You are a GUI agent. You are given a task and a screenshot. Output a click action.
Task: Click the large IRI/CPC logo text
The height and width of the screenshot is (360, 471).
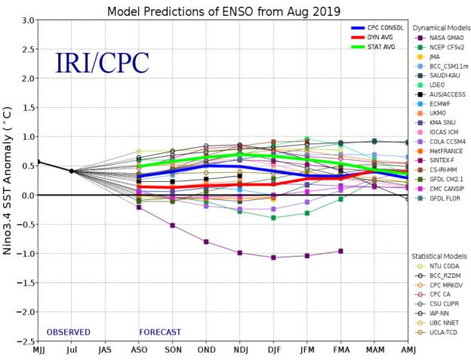coord(102,62)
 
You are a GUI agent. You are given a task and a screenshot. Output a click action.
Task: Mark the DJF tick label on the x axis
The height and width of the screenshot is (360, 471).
coord(273,350)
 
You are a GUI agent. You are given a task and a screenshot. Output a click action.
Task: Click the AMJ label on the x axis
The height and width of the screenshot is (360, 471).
coord(408,350)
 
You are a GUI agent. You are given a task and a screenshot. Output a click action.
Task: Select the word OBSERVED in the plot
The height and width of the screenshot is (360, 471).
coord(68,332)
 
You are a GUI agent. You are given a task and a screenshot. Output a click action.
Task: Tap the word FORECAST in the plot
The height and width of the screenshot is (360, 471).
coord(160,332)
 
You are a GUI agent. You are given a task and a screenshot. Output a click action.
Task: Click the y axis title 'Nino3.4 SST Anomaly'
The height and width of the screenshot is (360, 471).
coord(8,180)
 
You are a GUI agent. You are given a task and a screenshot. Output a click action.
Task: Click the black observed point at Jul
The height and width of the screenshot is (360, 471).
coord(72,171)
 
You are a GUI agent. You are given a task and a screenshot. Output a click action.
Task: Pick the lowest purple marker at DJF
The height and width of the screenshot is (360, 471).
coord(273,257)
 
